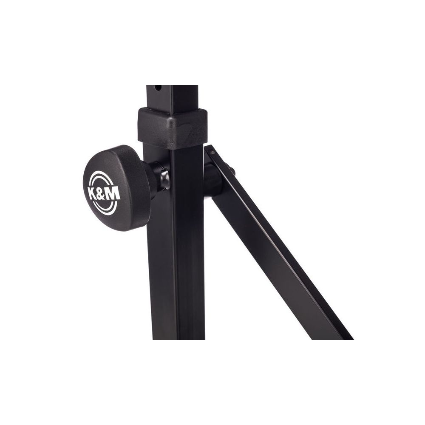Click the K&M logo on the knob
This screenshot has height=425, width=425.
point(104,193)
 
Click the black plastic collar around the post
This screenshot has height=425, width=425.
point(172,127)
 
